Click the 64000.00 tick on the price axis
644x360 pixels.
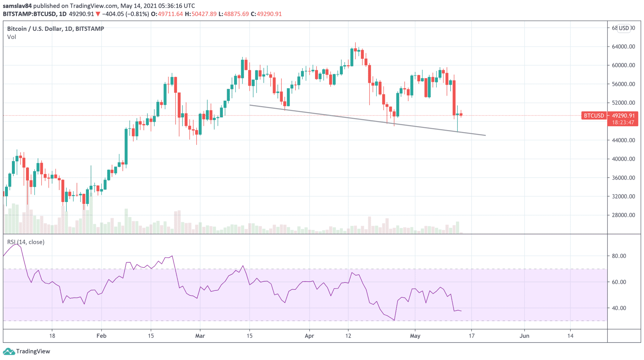[x=623, y=47]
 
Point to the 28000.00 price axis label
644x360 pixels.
[x=623, y=215]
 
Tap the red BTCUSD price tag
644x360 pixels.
[x=594, y=116]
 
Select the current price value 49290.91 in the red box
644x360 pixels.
[x=623, y=116]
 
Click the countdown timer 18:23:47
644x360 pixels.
[x=623, y=122]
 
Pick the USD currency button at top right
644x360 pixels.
[x=624, y=28]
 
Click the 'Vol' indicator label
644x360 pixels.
[x=12, y=37]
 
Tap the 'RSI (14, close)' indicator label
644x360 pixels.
[x=26, y=242]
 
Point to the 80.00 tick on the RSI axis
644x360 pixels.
[x=619, y=256]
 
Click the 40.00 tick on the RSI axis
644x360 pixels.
[x=619, y=308]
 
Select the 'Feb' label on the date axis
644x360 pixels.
[x=101, y=336]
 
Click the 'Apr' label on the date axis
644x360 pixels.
[x=309, y=336]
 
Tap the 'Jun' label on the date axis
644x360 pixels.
[x=524, y=336]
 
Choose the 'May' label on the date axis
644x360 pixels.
[x=415, y=336]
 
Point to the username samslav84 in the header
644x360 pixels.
[x=17, y=6]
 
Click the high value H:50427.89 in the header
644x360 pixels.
[x=201, y=14]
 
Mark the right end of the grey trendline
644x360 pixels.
[x=486, y=135]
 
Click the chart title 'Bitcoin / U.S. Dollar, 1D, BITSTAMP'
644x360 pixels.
[x=56, y=29]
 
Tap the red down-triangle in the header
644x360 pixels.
[x=98, y=14]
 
